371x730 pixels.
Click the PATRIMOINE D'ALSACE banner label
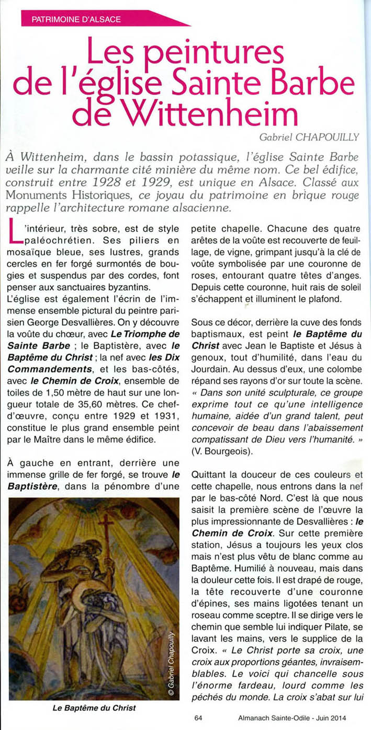pos(76,20)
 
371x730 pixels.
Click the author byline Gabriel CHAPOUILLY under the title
pos(309,137)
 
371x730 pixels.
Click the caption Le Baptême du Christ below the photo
pos(94,708)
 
